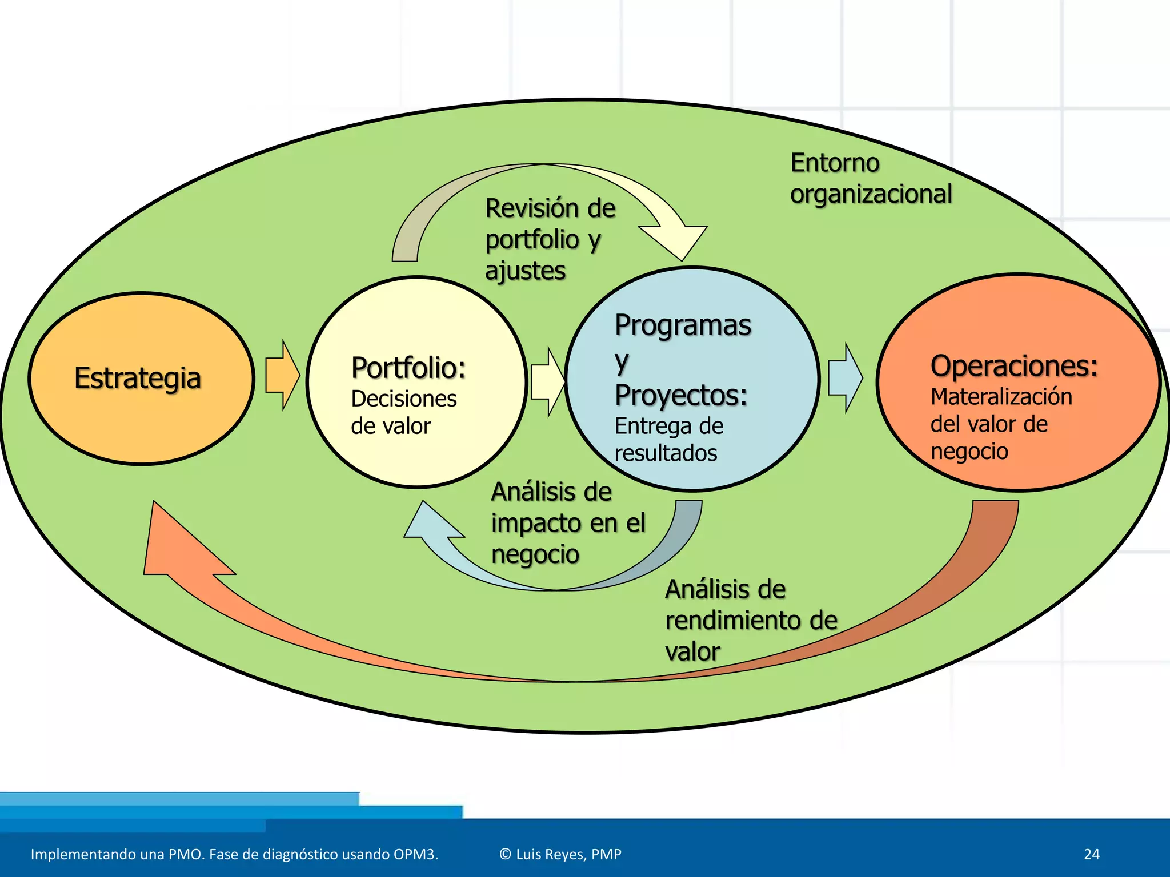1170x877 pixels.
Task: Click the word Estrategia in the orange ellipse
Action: (138, 379)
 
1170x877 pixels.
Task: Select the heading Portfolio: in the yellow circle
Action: (408, 368)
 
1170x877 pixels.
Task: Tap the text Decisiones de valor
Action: (403, 412)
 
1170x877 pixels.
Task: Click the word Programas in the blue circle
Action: (683, 325)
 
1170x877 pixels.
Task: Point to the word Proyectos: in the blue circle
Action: (681, 395)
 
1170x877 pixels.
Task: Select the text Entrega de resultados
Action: (668, 440)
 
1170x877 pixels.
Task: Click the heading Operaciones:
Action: (1014, 366)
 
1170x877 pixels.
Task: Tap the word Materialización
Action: (1001, 397)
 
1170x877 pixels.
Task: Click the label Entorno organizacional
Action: (871, 178)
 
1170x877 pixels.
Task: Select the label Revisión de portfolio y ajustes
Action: (550, 239)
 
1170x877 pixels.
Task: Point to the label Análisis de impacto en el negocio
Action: (568, 523)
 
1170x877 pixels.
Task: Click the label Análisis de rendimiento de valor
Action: (751, 620)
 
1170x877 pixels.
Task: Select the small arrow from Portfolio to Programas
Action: (547, 381)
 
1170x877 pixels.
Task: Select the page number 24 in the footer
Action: (1091, 854)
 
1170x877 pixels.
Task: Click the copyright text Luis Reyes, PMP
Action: (560, 854)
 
